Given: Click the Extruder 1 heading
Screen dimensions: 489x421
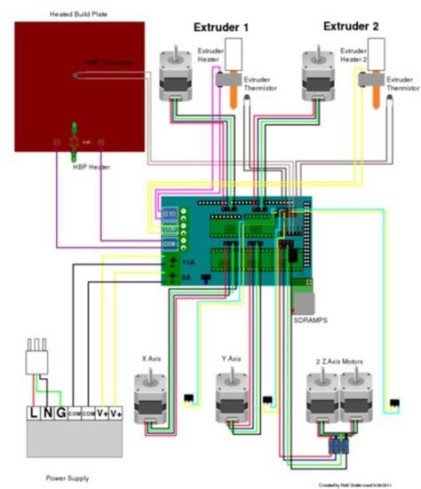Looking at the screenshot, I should [221, 28].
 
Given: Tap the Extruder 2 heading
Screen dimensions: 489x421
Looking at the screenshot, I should [351, 28].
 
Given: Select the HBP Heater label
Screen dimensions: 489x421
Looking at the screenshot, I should [78, 163].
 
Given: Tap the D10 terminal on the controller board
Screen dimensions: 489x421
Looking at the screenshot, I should [169, 214].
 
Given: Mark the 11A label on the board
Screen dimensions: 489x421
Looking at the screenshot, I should [187, 263].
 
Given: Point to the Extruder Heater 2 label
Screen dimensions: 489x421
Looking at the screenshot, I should [353, 59].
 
